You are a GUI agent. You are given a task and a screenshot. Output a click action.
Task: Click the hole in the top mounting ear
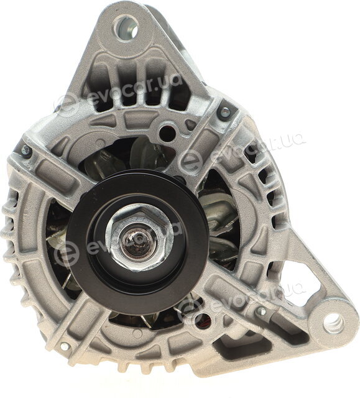(126, 27)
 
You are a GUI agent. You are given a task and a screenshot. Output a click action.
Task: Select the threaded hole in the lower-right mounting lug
(333, 323)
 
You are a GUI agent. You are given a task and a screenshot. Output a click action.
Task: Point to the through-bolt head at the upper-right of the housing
(224, 111)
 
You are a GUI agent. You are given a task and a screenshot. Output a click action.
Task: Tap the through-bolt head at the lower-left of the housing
(65, 346)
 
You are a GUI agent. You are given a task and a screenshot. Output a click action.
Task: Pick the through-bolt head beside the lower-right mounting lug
(261, 310)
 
